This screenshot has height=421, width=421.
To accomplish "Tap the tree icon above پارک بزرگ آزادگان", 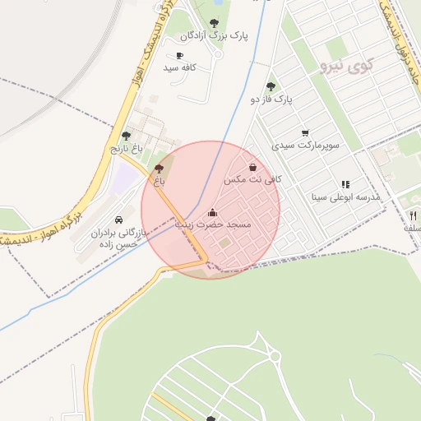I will pos(215,23).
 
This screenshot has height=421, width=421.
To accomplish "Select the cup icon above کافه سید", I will pos(179,55).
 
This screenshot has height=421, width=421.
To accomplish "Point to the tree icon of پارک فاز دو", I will pos(271,86).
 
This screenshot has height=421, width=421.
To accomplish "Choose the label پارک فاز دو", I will pos(272,99).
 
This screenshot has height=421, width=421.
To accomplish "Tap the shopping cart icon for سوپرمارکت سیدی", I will pos(305,132).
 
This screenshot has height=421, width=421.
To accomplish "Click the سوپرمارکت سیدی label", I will pos(305,146).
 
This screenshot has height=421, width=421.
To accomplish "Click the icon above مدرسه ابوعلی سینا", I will pos(345,185).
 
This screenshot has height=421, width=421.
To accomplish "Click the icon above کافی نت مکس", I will pos(252,166).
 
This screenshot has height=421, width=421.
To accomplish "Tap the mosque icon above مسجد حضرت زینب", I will pos(213,212).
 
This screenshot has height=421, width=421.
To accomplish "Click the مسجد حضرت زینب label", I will pos(213,224).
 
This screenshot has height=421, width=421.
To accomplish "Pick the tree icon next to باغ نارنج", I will pos(126,136).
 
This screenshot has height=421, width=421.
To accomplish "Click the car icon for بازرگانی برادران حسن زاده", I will pos(121,220).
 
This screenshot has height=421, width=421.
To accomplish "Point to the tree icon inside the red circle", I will pos(160,169).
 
